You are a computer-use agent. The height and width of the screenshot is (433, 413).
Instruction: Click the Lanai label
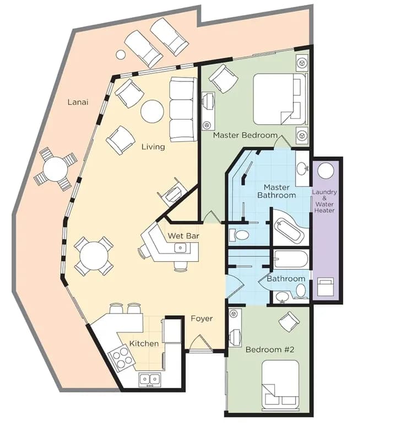tap(78, 102)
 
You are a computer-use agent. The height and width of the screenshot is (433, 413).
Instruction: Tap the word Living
tap(153, 147)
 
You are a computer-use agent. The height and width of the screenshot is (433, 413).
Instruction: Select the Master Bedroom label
tap(245, 135)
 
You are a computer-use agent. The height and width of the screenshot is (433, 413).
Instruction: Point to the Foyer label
tap(202, 319)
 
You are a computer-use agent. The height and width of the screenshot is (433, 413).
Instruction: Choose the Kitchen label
tap(144, 344)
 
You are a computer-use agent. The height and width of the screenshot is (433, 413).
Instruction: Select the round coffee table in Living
tap(152, 111)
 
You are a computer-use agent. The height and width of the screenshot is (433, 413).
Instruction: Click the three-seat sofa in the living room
tap(183, 109)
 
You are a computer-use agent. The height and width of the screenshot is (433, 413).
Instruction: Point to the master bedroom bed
tap(279, 99)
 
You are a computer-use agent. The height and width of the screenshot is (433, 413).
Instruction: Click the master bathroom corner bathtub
tap(288, 228)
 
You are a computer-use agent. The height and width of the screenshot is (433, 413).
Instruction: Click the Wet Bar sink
tap(180, 248)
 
